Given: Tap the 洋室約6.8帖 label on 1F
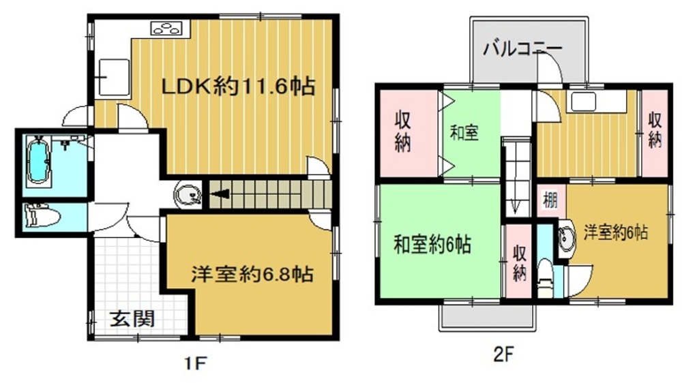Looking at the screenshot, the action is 252,275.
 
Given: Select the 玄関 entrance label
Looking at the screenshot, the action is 132,319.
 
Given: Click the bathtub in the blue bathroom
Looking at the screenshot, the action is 38,162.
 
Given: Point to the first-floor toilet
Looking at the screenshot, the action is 42,216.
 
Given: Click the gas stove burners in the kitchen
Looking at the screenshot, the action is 166,28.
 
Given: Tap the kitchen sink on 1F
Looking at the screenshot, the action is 114,78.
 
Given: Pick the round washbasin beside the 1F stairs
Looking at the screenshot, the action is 188,194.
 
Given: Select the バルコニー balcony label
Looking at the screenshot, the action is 522,48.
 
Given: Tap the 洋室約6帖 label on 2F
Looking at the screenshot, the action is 615,232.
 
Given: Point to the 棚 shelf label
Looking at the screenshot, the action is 550,201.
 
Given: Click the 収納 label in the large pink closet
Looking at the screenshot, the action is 402,132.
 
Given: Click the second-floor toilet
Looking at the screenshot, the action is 544,277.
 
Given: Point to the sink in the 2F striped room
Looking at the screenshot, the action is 583,102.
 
